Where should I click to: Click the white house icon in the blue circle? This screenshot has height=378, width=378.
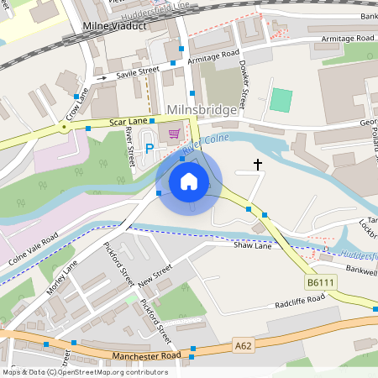point(189,181)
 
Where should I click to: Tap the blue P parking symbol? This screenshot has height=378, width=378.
point(150,149)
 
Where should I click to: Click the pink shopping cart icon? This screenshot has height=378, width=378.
point(174,134)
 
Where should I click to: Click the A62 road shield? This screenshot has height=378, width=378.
point(244,344)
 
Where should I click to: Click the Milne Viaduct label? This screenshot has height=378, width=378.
point(115,26)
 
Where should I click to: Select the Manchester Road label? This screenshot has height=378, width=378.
point(146,355)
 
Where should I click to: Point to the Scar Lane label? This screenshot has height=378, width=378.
point(129,123)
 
